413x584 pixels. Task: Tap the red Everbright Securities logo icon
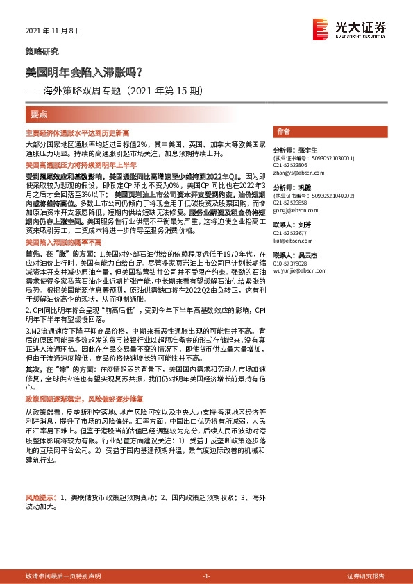(x=321, y=28)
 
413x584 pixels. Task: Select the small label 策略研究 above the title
(x=42, y=52)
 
